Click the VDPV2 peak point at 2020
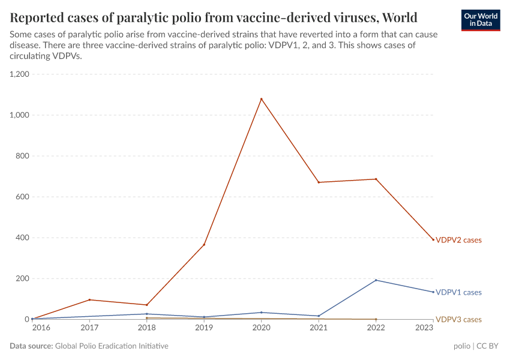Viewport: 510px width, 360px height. pyautogui.click(x=261, y=99)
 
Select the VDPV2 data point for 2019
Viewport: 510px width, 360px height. pyautogui.click(x=204, y=245)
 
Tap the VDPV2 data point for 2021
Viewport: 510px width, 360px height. pyautogui.click(x=319, y=182)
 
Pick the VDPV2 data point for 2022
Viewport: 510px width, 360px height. pyautogui.click(x=376, y=179)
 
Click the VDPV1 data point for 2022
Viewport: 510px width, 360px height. pyautogui.click(x=376, y=280)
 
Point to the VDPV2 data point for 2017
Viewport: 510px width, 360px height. pyautogui.click(x=89, y=300)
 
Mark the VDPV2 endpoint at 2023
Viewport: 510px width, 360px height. pyautogui.click(x=433, y=240)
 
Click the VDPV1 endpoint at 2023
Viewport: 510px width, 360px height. pyautogui.click(x=433, y=292)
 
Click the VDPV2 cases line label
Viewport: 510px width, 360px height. pyautogui.click(x=458, y=240)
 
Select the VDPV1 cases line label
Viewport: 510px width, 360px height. pyautogui.click(x=458, y=292)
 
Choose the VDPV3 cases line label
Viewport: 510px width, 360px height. pyautogui.click(x=458, y=319)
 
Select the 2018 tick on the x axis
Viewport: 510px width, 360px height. pyautogui.click(x=146, y=328)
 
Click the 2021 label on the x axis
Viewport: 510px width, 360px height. pyautogui.click(x=319, y=328)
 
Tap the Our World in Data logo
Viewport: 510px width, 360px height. pyautogui.click(x=480, y=20)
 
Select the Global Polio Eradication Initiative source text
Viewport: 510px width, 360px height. pyautogui.click(x=111, y=346)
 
